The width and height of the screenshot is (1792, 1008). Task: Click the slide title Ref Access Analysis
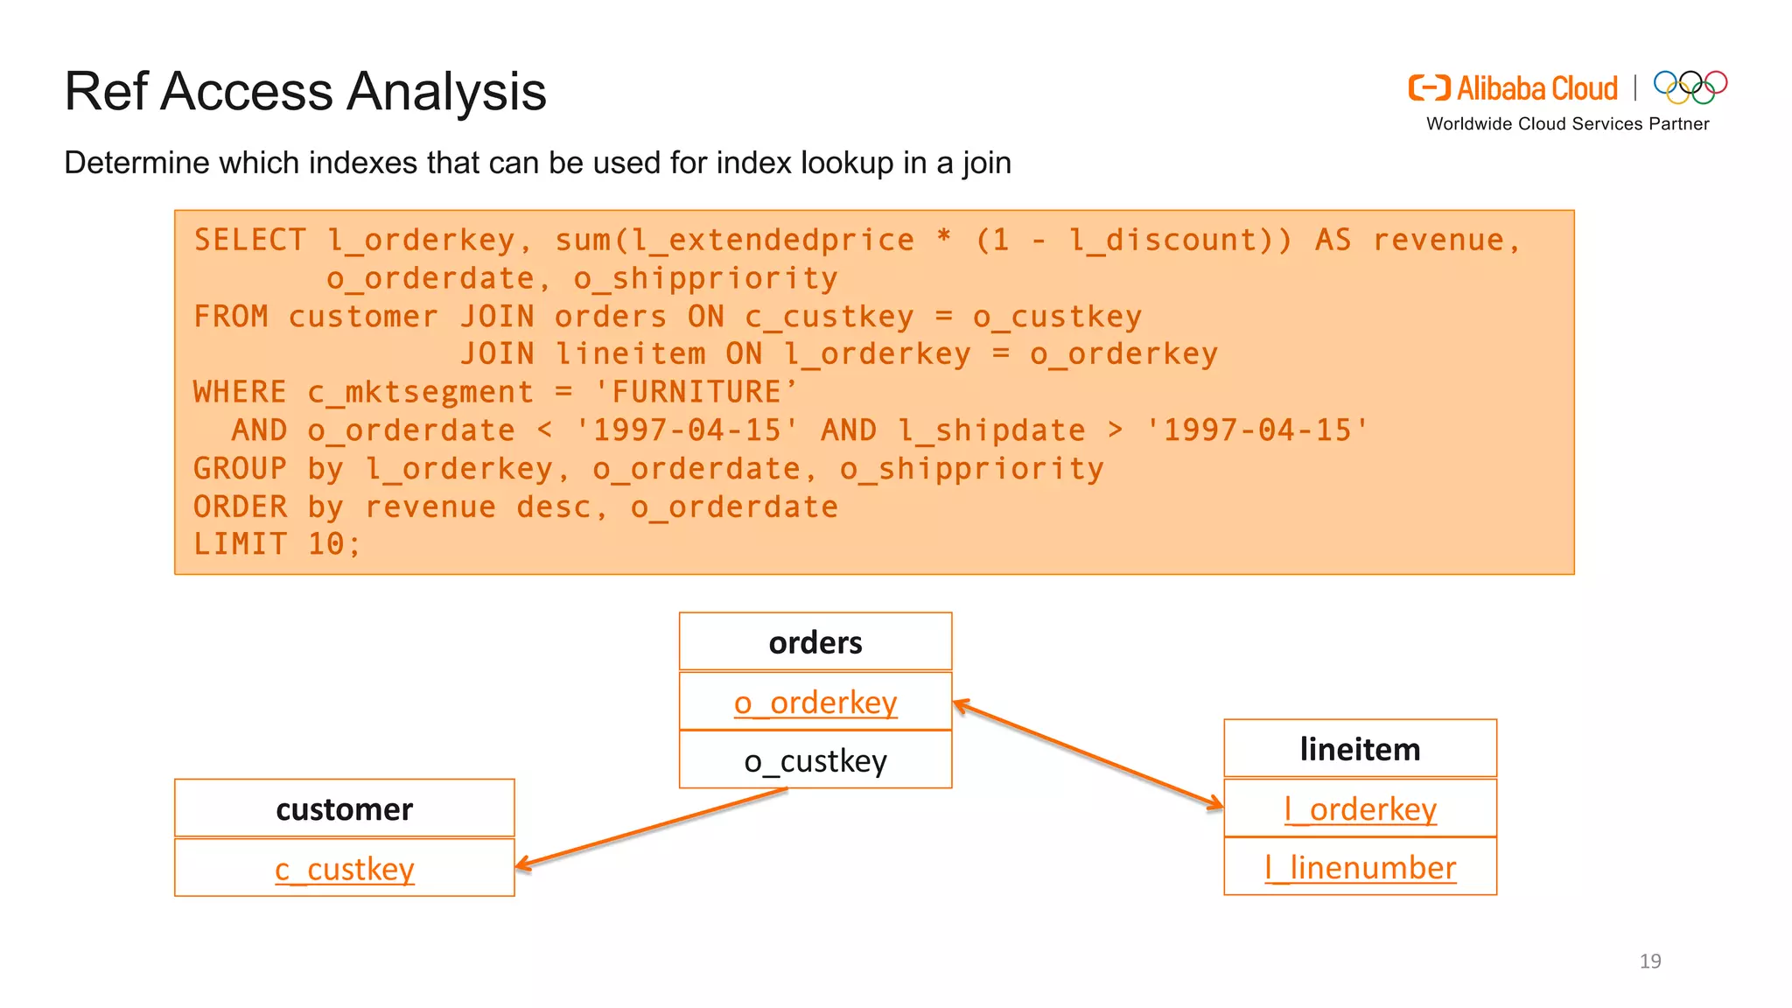coord(305,91)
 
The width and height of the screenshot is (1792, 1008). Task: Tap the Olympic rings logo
coord(1690,87)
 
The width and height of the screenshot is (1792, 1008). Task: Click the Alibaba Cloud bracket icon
coord(1429,88)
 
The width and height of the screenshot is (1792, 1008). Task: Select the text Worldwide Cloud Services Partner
coord(1567,124)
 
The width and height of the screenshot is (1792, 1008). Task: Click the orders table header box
coord(815,642)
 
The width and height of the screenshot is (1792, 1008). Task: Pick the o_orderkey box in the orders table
coord(815,702)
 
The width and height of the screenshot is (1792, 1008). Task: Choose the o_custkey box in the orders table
coord(815,760)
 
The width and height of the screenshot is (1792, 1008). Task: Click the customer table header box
coord(345,808)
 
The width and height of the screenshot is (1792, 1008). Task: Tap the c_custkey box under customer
coord(345,868)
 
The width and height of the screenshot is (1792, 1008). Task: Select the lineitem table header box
coord(1360,749)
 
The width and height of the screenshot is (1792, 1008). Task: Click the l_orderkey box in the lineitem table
coord(1360,808)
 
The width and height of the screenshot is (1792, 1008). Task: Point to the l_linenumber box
coord(1360,867)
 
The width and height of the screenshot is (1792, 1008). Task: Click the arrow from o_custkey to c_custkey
coord(652,828)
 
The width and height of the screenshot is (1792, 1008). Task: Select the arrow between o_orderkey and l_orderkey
coord(1088,753)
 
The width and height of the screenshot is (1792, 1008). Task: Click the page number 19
coord(1649,961)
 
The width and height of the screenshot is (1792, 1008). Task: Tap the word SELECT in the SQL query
coord(250,240)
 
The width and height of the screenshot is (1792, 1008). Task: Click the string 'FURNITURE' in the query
coord(696,392)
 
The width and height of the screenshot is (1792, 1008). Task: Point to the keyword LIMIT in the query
coord(240,544)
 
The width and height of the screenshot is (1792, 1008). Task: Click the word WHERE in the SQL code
coord(240,392)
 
